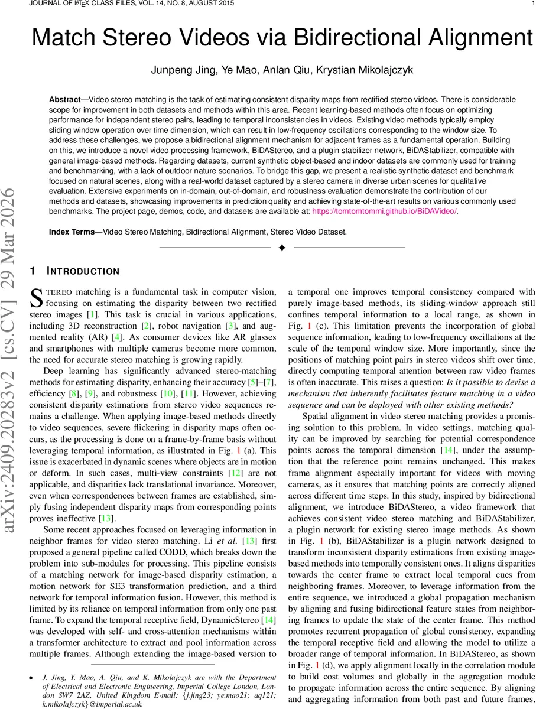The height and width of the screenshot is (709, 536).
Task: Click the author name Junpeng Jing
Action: pos(178,70)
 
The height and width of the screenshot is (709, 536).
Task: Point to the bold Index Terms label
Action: pos(74,232)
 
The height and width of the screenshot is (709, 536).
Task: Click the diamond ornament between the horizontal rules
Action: pos(282,248)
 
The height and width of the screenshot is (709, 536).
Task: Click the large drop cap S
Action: pos(36,297)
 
